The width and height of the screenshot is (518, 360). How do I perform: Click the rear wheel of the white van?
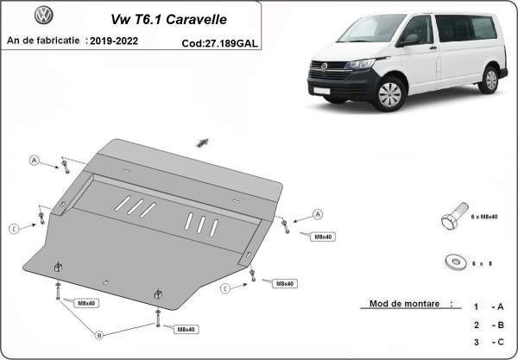point(490,79)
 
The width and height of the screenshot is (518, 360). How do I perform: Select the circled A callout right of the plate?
point(317,213)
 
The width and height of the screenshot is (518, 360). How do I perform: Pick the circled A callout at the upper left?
point(35,160)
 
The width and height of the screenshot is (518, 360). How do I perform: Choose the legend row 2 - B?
point(488,325)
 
